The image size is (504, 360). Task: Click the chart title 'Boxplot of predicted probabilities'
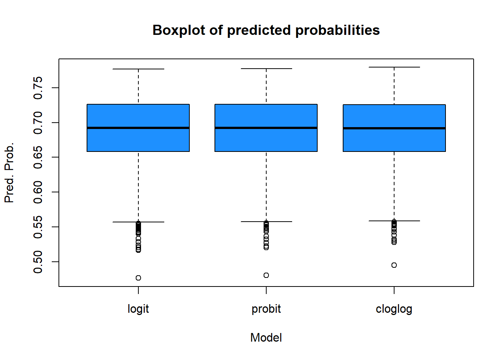pyautogui.click(x=266, y=30)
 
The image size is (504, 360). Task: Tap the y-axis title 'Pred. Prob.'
pyautogui.click(x=9, y=172)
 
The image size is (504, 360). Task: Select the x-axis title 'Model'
pyautogui.click(x=266, y=337)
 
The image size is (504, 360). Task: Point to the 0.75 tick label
pyautogui.click(x=38, y=88)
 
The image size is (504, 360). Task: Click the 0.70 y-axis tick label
pyautogui.click(x=38, y=123)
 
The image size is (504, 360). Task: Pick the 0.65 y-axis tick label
pyautogui.click(x=38, y=157)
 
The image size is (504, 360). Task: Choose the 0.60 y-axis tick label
pyautogui.click(x=38, y=192)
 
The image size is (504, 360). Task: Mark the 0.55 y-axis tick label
pyautogui.click(x=38, y=227)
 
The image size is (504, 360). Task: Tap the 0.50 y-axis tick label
pyautogui.click(x=38, y=262)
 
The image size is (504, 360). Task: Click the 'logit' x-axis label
pyautogui.click(x=138, y=309)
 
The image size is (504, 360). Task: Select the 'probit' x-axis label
pyautogui.click(x=266, y=309)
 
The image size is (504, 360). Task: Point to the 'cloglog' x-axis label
pyautogui.click(x=394, y=309)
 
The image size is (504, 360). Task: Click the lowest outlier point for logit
pyautogui.click(x=138, y=278)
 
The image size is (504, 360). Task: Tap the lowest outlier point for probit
pyautogui.click(x=266, y=275)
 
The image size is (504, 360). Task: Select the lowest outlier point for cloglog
pyautogui.click(x=394, y=265)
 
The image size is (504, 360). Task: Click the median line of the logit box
pyautogui.click(x=138, y=128)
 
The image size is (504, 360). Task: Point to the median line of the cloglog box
pyautogui.click(x=394, y=128)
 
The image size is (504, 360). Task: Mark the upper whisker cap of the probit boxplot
pyautogui.click(x=266, y=69)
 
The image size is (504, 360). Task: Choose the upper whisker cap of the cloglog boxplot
pyautogui.click(x=394, y=67)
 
